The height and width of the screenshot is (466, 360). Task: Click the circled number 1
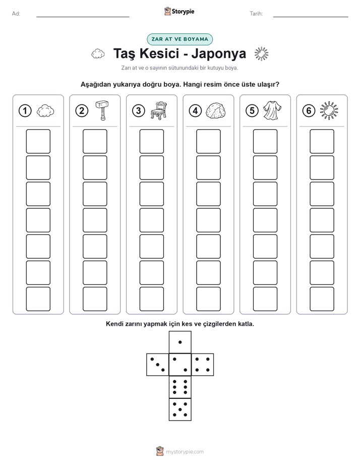coord(25,111)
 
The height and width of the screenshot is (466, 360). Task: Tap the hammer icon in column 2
coord(102,110)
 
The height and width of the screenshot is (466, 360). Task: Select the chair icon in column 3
coord(159,110)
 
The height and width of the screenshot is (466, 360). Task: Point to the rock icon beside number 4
coord(215,111)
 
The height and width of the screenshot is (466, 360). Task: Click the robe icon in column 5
coord(272,110)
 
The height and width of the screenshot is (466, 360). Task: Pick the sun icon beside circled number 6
coord(329,111)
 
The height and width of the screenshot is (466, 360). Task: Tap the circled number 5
coord(252,111)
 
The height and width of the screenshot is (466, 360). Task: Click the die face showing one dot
coord(180,342)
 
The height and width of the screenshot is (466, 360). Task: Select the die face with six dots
coord(180,387)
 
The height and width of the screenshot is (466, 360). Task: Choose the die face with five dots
coord(180,410)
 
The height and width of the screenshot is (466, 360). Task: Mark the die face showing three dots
coord(157,364)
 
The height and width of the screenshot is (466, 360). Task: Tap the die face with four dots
coord(203,364)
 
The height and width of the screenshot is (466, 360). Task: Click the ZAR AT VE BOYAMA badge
coord(179,39)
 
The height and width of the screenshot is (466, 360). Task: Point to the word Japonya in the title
coord(219,53)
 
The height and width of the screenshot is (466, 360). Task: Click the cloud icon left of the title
coord(98,54)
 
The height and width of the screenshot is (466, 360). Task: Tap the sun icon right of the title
coord(261,54)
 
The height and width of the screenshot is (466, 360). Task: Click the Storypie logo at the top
coord(179,11)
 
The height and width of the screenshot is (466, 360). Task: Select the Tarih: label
coord(256,14)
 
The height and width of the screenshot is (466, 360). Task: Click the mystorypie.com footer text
coord(185,452)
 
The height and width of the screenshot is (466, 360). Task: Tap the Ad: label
coord(16,14)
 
